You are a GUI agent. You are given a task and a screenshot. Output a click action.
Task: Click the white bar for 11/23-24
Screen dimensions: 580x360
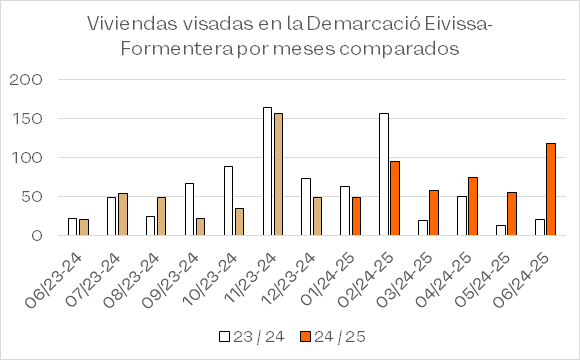(x=267, y=171)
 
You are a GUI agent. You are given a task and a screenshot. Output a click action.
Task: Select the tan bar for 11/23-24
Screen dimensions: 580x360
(x=279, y=174)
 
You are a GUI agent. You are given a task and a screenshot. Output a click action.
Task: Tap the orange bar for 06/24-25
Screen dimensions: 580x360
(x=551, y=189)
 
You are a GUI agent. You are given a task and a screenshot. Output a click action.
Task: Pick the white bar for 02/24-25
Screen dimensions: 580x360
(x=384, y=174)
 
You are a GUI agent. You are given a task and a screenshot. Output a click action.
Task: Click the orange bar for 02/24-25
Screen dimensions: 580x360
(x=395, y=198)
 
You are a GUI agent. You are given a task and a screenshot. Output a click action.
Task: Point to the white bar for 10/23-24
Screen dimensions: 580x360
(x=229, y=201)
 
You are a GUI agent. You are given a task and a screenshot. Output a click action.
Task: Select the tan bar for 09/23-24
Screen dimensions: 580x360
(x=200, y=227)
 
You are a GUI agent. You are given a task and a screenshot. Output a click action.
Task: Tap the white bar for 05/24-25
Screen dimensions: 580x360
(x=501, y=230)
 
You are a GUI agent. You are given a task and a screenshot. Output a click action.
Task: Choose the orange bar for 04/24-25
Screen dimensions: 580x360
(x=473, y=206)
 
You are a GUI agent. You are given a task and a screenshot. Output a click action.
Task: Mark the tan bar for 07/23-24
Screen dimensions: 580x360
(x=123, y=214)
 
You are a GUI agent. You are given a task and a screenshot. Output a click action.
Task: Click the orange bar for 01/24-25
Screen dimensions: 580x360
(x=356, y=216)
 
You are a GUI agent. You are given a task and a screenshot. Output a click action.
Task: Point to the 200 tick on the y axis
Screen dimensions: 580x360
(x=26, y=80)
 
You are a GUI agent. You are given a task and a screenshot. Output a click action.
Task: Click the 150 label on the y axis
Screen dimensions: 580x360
(x=27, y=118)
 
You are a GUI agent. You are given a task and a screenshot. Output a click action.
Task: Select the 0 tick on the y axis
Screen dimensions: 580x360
(x=37, y=235)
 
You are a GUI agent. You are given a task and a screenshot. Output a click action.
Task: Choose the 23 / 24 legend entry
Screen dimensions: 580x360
(x=252, y=337)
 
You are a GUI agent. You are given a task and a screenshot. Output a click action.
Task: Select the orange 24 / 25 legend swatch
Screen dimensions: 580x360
(x=306, y=337)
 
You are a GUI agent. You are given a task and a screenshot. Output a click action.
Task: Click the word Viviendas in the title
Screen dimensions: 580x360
(x=132, y=24)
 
